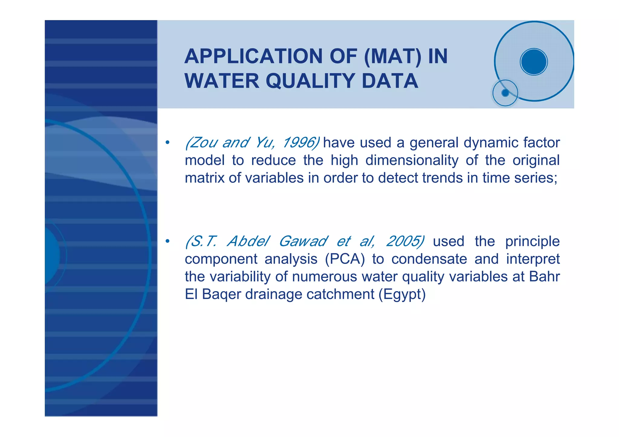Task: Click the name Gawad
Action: [303, 241]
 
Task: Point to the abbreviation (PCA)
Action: [345, 259]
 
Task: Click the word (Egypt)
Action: [402, 294]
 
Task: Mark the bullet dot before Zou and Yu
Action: [167, 143]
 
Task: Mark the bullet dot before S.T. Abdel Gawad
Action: [167, 241]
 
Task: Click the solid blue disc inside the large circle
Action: [534, 62]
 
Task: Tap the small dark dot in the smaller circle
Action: [505, 93]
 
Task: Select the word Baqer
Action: [221, 294]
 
